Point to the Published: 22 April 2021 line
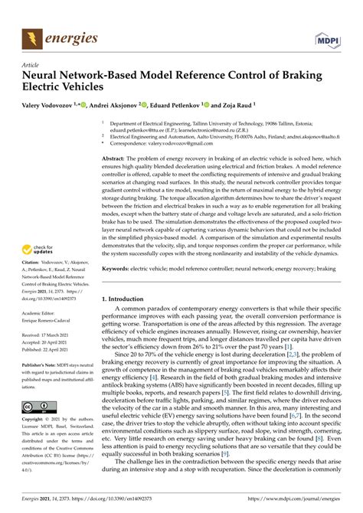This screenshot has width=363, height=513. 51,351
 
